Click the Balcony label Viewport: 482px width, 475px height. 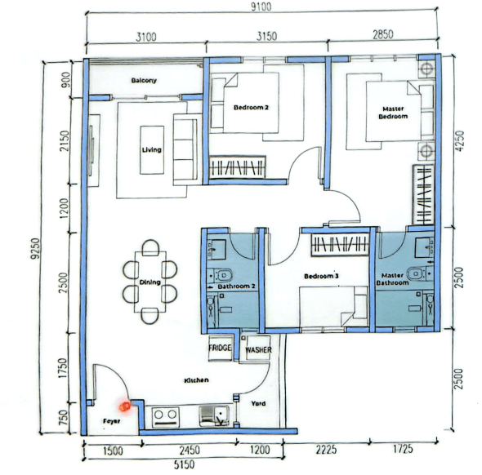[144, 81]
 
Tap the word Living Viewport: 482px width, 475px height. [152, 150]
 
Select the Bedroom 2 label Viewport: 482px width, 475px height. [251, 108]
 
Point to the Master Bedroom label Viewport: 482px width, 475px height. [393, 113]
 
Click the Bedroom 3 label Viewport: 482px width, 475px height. [321, 276]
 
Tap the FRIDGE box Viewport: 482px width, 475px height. [220, 348]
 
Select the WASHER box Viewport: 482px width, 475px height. [258, 349]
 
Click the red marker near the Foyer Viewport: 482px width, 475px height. [125, 406]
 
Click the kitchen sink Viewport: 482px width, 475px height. [214, 416]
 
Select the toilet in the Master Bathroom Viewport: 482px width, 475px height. [420, 273]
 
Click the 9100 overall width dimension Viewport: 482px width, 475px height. [261, 7]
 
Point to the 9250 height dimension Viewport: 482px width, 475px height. [35, 248]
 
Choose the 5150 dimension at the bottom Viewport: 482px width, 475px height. [184, 464]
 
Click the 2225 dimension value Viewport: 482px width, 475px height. [327, 450]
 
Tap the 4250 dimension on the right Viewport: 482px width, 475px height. [460, 141]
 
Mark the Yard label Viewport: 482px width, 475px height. [258, 403]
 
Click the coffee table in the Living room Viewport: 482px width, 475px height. [152, 150]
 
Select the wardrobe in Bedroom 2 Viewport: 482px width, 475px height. [237, 167]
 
